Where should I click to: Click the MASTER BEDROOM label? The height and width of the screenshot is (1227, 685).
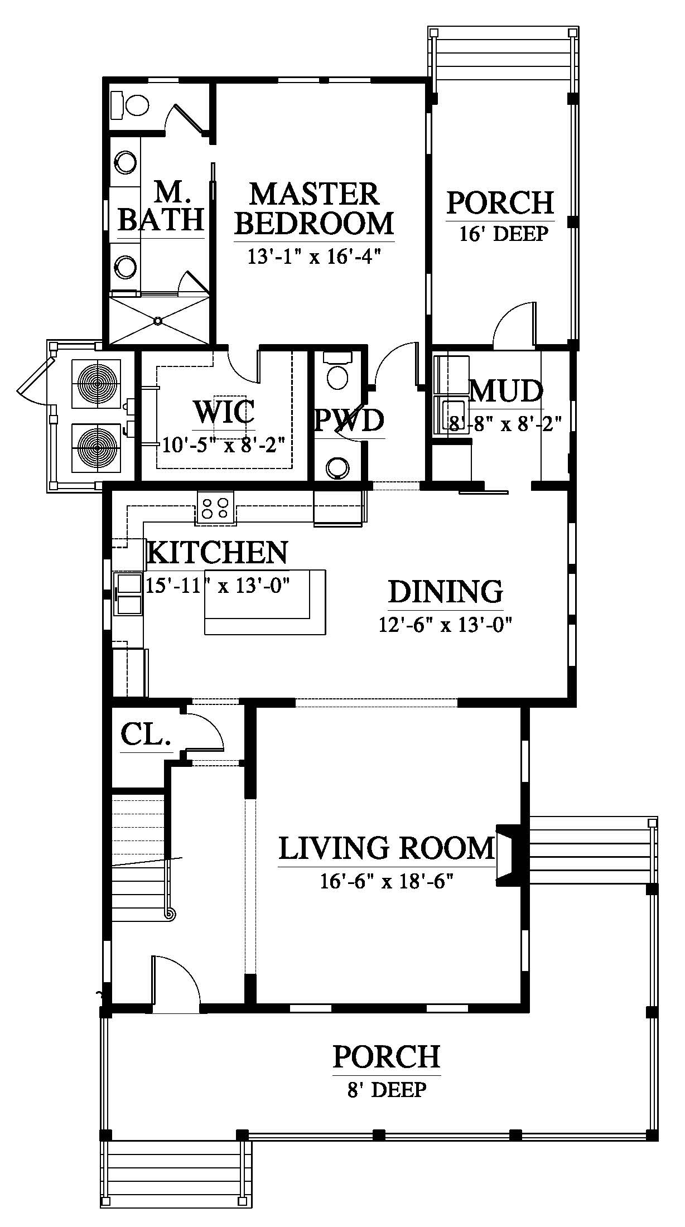[x=314, y=209]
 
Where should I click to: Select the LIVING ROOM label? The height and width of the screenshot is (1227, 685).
[x=387, y=848]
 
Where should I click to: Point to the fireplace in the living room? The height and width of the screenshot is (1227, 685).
[x=509, y=854]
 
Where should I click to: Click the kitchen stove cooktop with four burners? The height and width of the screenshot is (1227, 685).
[x=215, y=508]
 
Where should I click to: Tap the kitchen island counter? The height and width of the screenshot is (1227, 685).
[x=265, y=602]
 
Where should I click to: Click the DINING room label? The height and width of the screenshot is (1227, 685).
[x=446, y=592]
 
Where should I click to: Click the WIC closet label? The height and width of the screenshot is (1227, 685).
[x=224, y=412]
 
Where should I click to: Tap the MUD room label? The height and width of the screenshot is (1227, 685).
[x=506, y=392]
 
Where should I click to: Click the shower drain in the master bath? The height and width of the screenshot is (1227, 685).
[x=158, y=321]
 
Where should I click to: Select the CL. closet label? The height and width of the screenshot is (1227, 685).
[x=146, y=736]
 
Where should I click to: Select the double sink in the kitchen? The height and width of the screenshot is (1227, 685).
[x=128, y=593]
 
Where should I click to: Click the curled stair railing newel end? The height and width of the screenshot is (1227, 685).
[x=170, y=913]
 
